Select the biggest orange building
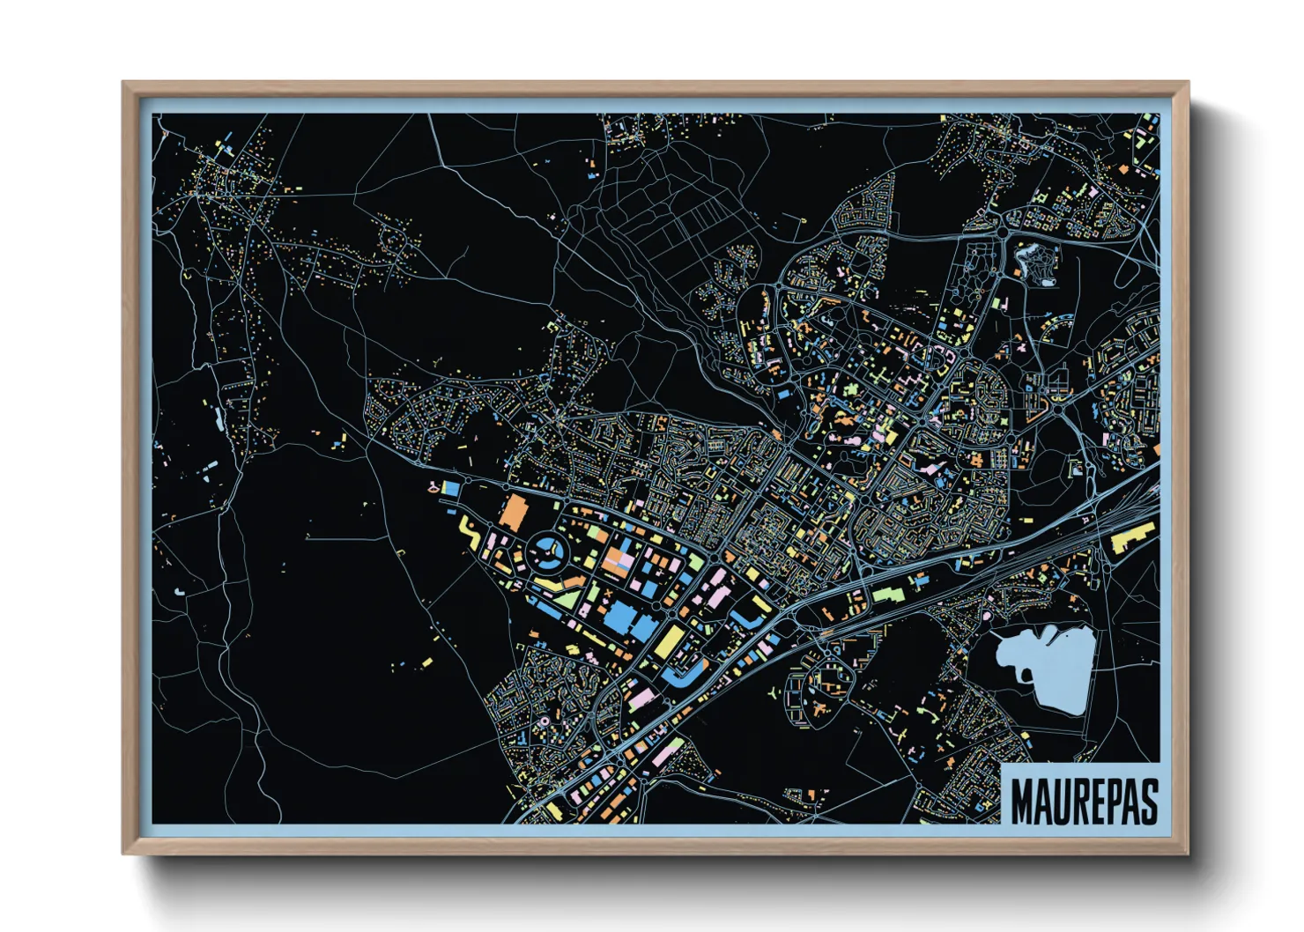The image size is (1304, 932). point(513,514)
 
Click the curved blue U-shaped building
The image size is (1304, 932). point(683,677)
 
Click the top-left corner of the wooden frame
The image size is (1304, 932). point(124,84)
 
